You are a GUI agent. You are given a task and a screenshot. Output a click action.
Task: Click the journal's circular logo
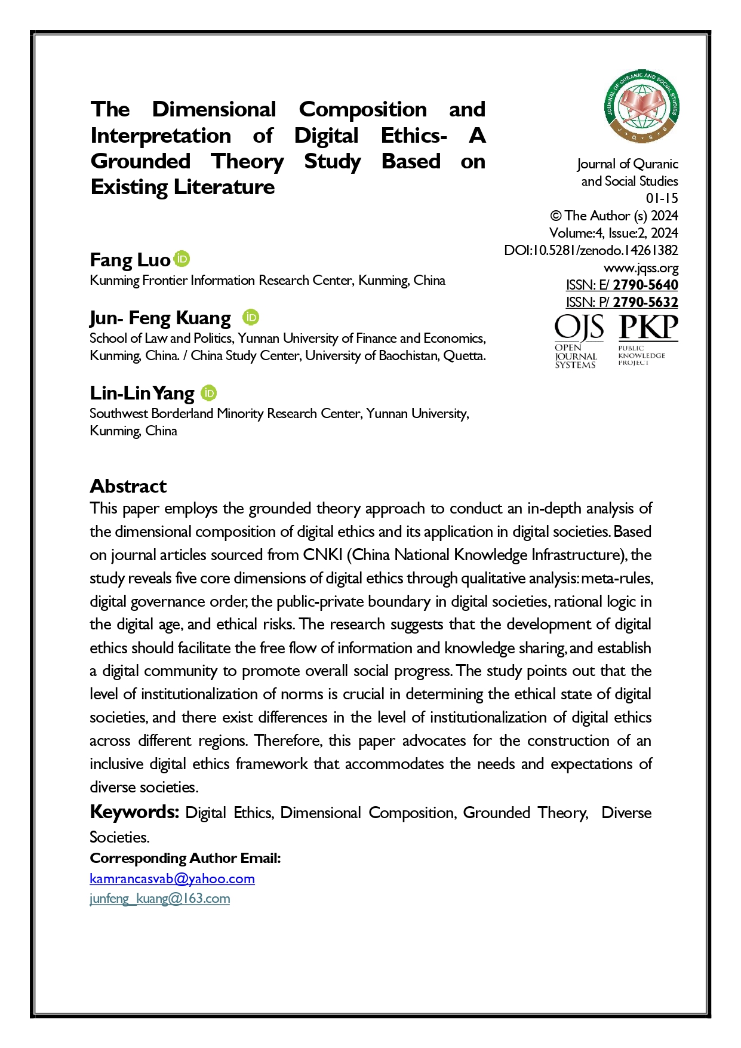pos(641,106)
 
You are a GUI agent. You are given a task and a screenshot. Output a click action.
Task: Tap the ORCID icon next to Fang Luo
pos(182,259)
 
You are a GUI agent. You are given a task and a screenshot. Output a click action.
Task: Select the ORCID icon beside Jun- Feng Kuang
pos(251,317)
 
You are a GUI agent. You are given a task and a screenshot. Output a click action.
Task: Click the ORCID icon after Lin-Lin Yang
pos(208,392)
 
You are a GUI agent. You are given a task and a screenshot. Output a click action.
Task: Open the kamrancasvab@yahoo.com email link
pos(172,878)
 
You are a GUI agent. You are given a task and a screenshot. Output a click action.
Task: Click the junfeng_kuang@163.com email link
pos(159,898)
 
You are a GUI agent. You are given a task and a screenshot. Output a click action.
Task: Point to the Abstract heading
pos(128,486)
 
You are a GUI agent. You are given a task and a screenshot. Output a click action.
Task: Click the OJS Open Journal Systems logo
pos(577,341)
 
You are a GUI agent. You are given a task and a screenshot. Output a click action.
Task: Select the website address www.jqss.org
pos(641,268)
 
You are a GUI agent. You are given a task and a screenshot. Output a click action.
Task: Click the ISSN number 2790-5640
pos(645,285)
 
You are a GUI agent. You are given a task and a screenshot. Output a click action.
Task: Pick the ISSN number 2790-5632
pos(645,302)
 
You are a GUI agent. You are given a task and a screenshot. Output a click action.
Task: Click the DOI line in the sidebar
pos(591,250)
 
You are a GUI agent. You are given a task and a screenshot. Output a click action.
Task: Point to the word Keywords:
pos(134,812)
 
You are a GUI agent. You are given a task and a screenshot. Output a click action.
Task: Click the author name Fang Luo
pos(130,260)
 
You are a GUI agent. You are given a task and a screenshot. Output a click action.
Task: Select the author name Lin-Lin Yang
pos(142,393)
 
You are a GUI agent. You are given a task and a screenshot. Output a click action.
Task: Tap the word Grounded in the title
pos(140,161)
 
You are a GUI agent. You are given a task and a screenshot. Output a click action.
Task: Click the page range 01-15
pos(662,198)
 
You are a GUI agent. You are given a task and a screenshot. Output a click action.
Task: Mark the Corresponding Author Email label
pos(185,858)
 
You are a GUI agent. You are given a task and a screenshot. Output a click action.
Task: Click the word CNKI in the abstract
pos(322,555)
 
